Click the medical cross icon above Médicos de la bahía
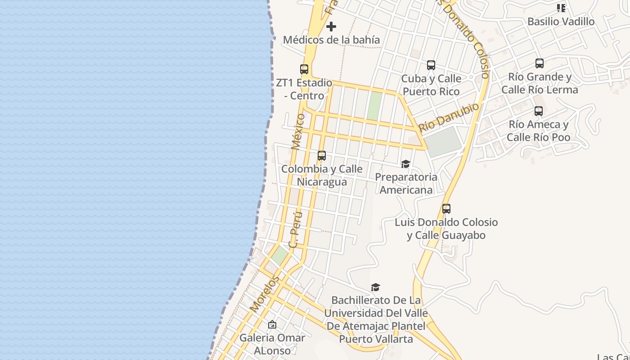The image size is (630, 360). point(331,27)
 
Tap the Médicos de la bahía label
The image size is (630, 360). point(331,40)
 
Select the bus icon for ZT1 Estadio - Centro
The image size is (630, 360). point(304,69)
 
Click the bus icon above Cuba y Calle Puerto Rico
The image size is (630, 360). point(431,65)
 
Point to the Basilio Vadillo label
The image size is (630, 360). point(561,22)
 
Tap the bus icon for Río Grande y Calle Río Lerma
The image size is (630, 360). point(540,63)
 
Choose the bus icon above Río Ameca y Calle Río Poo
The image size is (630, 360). point(539,111)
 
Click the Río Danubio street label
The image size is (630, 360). point(449,117)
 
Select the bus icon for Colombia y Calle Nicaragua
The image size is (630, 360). point(322,156)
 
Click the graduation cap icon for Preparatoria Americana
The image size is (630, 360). point(405,164)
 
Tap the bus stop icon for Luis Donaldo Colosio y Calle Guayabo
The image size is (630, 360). point(446,209)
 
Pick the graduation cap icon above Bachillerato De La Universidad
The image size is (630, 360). point(375,287)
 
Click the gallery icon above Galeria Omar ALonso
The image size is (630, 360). point(272,324)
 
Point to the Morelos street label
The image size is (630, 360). point(265,294)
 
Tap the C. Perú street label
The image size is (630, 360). point(295,229)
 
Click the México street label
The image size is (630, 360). point(298,131)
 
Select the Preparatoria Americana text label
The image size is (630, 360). point(405,183)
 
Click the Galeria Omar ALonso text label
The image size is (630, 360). point(272,344)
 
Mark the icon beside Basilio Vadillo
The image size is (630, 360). point(561,8)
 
